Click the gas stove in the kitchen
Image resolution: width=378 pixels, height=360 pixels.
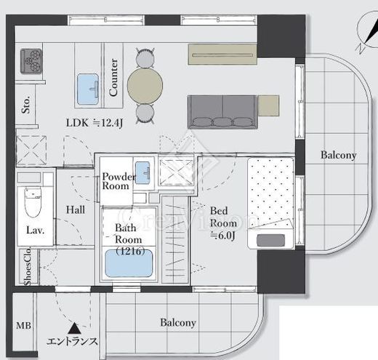(31, 61)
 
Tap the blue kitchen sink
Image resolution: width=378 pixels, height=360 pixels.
(88, 89)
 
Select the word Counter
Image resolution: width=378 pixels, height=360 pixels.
(113, 77)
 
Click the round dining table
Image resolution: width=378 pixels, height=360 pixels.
(145, 86)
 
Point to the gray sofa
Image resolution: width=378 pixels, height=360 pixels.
(222, 112)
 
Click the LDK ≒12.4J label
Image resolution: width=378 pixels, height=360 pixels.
(94, 123)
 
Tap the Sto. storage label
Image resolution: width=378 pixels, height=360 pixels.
(26, 105)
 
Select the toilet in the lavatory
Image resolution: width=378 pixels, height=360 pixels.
(33, 201)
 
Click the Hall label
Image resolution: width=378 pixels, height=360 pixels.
(76, 209)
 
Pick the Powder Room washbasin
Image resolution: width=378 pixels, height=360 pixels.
(142, 172)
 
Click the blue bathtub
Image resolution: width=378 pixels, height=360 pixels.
(129, 263)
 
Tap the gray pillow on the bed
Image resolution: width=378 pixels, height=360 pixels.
(270, 240)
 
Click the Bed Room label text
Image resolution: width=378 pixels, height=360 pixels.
(223, 217)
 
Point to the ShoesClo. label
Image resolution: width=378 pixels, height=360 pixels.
(28, 266)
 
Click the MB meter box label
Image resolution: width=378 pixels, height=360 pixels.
(23, 325)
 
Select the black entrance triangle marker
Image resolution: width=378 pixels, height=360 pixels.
(74, 329)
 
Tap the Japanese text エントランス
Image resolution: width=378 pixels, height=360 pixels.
(72, 341)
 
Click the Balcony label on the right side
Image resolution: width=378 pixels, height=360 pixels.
(339, 155)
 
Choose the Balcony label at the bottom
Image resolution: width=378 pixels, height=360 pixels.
(178, 323)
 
